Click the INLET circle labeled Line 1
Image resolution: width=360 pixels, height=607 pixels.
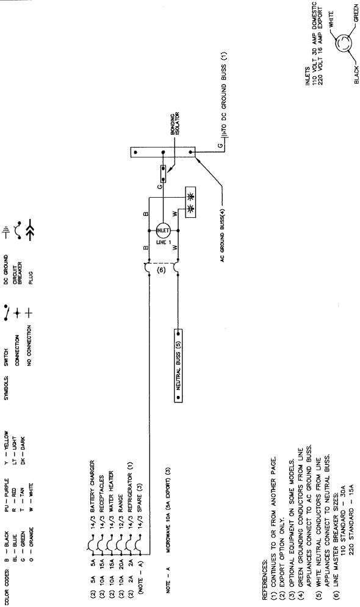pos(163,231)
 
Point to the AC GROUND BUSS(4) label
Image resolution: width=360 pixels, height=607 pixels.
pos(223,235)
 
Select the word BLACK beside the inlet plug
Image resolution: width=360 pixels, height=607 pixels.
pos(356,74)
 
